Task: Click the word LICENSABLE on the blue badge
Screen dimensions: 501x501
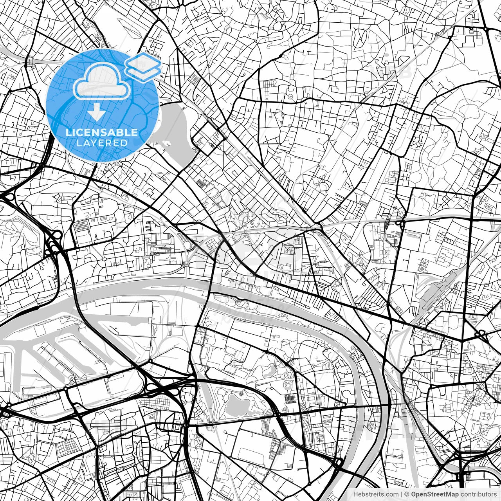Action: (102, 132)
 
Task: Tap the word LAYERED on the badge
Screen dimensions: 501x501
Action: (102, 143)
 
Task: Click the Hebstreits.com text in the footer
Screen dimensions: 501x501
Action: (376, 494)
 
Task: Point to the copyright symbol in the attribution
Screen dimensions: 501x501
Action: (407, 494)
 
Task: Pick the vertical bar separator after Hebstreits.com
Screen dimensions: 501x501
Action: (402, 494)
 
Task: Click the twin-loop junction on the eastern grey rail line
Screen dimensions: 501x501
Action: (399, 223)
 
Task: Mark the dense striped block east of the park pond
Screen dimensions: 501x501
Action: (290, 399)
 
